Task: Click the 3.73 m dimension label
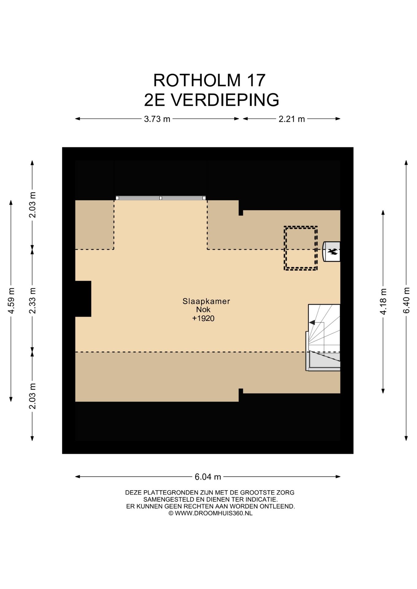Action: click(x=157, y=119)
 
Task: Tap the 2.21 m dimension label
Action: click(x=291, y=119)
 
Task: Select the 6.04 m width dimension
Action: click(x=208, y=477)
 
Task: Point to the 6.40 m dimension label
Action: click(x=406, y=300)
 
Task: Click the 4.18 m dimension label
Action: click(x=383, y=302)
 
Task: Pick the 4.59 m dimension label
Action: click(x=11, y=301)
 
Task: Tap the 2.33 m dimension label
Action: click(x=33, y=300)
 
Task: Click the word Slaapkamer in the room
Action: click(x=206, y=301)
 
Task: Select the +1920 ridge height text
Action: click(x=203, y=318)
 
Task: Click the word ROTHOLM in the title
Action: click(x=197, y=80)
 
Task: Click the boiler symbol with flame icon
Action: click(x=331, y=252)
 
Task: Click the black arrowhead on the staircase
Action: click(x=312, y=322)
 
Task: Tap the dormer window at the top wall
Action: click(x=161, y=198)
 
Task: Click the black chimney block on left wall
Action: click(x=83, y=299)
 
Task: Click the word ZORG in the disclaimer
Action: click(x=286, y=493)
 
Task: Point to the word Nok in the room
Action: click(x=203, y=310)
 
